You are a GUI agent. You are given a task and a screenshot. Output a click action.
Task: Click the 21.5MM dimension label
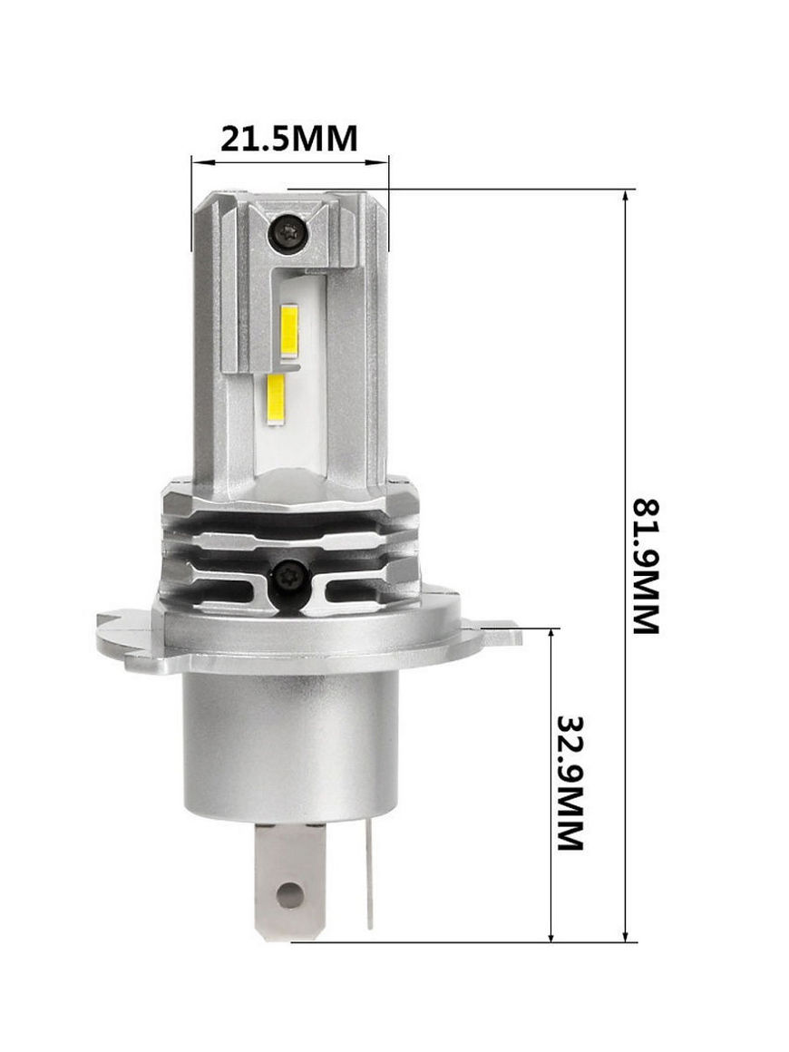coord(289,138)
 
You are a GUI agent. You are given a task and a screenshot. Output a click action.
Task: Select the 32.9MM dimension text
coord(571,783)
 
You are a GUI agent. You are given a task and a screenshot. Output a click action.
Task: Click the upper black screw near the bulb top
coord(287,233)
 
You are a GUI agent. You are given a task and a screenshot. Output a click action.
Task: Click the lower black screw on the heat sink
coord(291,574)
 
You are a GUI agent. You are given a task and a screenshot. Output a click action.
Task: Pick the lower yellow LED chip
coord(277,401)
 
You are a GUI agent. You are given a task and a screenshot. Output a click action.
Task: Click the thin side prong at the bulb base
coord(369,875)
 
